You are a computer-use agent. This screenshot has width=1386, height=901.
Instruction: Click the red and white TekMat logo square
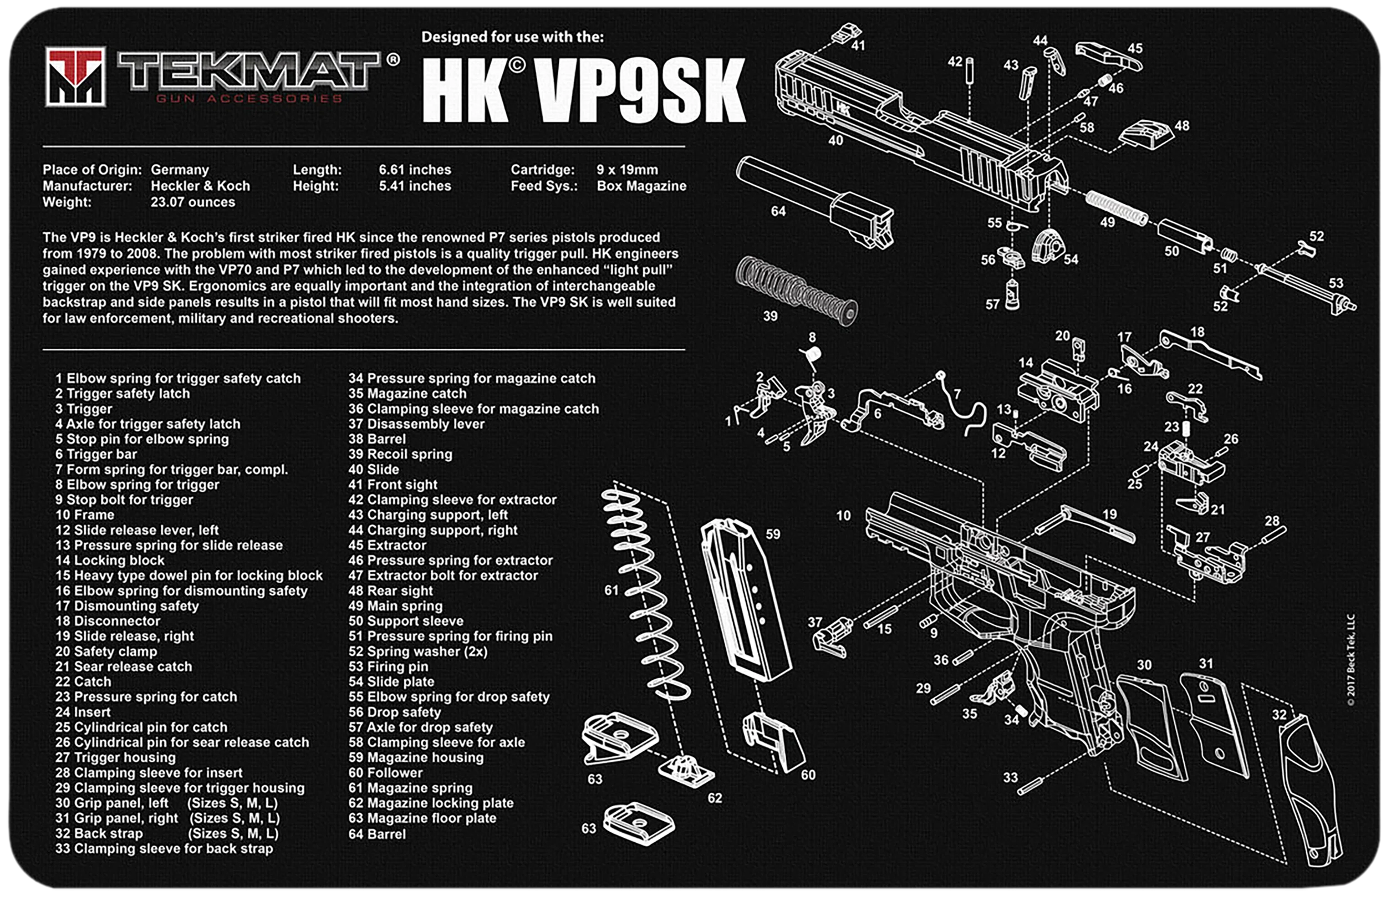pos(76,77)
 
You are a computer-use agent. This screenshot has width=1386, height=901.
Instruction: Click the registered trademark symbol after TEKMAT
pos(393,59)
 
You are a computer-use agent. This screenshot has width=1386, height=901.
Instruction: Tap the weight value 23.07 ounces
pos(193,202)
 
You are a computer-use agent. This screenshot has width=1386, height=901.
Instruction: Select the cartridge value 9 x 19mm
pos(627,170)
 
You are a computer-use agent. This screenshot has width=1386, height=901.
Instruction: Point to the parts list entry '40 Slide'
pos(373,470)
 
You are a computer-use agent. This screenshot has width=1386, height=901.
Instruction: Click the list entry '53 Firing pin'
pos(388,666)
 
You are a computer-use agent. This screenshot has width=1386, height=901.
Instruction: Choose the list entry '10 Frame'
pos(85,515)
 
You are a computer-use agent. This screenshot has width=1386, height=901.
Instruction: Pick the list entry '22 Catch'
pos(83,681)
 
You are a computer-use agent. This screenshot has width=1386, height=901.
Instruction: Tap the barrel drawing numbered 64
pos(814,201)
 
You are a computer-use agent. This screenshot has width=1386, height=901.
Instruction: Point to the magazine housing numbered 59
pos(747,599)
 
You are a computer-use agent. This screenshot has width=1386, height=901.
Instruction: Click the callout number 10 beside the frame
pos(843,516)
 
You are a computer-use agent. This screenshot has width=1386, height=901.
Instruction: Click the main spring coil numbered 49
pos(1117,209)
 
